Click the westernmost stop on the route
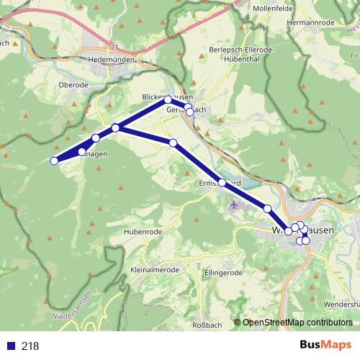pyautogui.click(x=54, y=161)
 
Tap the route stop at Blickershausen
pyautogui.click(x=168, y=99)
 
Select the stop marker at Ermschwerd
pyautogui.click(x=222, y=183)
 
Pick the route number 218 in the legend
pyautogui.click(x=30, y=346)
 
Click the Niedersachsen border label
pyautogui.click(x=72, y=307)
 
